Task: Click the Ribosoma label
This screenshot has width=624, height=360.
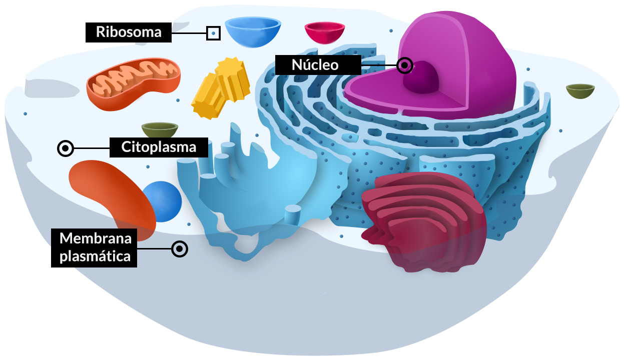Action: [x=129, y=32]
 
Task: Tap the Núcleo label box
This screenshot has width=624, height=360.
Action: [x=318, y=65]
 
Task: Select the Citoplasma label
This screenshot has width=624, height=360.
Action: [x=159, y=147]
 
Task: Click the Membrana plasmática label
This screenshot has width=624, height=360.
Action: [x=94, y=248]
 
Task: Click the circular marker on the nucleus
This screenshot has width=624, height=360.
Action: [x=405, y=65]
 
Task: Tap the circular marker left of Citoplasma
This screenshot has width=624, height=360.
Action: [x=66, y=148]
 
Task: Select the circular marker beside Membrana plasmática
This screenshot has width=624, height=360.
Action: [x=180, y=249]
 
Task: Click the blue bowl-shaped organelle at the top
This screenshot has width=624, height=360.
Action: [x=253, y=32]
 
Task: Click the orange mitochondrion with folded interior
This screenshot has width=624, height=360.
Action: [x=133, y=83]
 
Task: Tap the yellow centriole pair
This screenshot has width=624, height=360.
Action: [x=221, y=88]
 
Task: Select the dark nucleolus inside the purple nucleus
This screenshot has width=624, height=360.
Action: [x=421, y=77]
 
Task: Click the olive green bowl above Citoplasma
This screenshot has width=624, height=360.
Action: [x=160, y=129]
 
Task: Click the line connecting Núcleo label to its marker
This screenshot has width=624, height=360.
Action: [x=379, y=65]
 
